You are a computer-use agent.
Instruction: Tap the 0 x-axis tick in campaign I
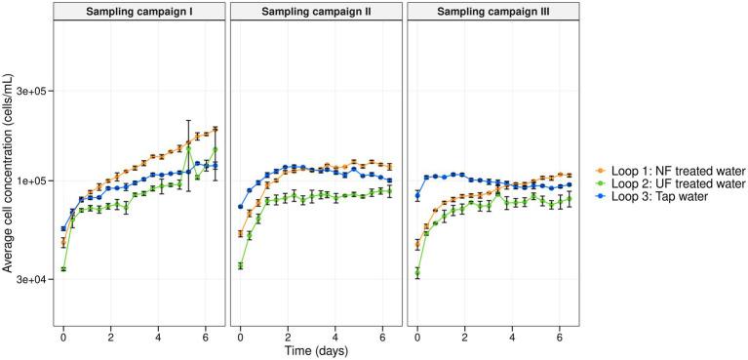63,336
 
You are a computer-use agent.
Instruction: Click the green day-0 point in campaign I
63,269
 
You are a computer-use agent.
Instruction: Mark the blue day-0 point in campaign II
240,207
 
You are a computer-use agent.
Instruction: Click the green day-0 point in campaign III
416,273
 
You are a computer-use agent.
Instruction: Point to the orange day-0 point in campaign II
240,234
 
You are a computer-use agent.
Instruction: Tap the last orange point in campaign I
215,129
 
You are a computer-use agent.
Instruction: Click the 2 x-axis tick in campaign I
111,336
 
